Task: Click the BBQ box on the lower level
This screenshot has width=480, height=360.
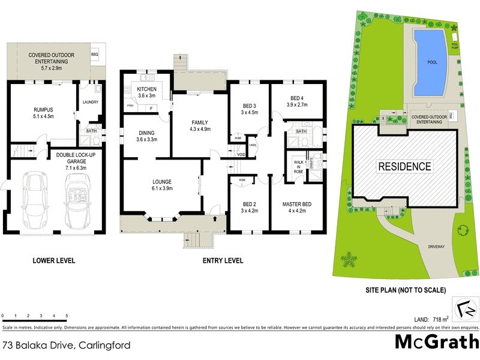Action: tap(94, 53)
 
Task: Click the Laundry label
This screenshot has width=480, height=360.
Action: tap(91, 101)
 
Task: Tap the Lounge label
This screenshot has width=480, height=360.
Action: tap(162, 181)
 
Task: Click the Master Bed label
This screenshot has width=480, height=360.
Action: tap(298, 204)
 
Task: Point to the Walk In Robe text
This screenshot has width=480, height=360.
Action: tap(298, 167)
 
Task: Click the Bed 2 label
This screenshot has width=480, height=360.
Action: tap(248, 204)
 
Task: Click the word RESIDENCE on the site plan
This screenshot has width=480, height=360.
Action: tap(404, 166)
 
